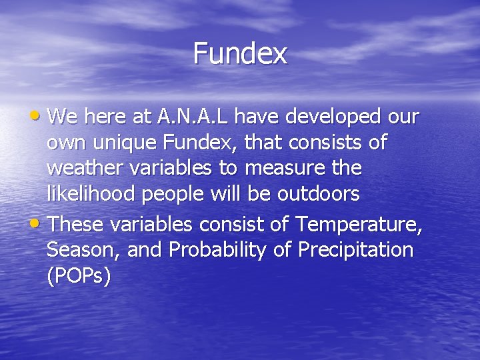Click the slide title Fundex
tap(240, 53)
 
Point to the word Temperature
tap(358, 225)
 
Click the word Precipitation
tap(356, 251)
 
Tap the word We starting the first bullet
tap(63, 117)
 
